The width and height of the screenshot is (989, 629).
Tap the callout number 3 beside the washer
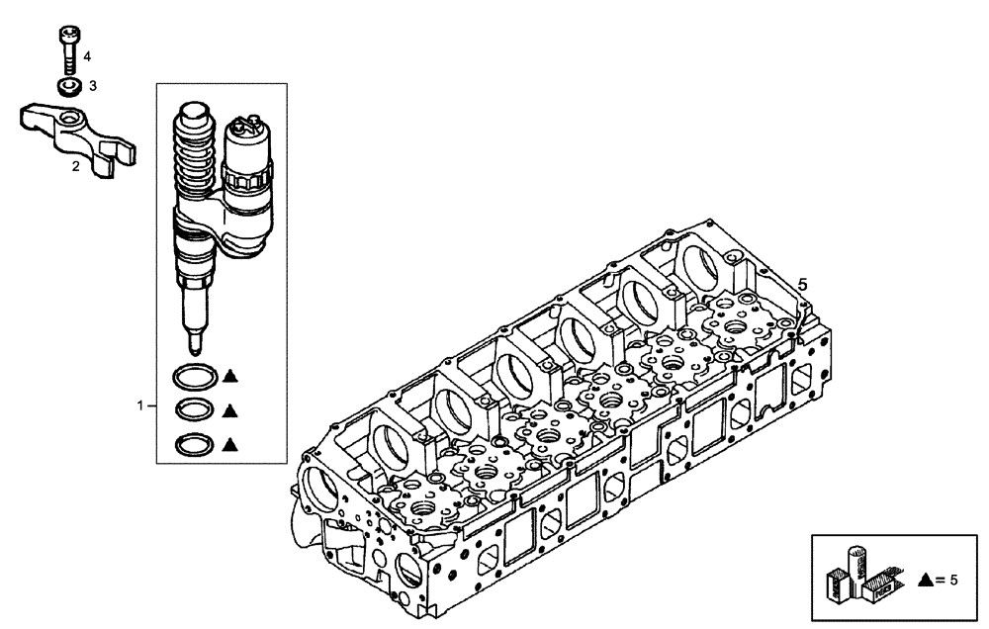click(92, 86)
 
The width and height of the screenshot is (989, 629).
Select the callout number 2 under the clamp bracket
click(75, 167)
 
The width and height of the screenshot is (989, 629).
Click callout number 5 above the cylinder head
click(803, 284)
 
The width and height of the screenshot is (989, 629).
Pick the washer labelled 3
click(67, 87)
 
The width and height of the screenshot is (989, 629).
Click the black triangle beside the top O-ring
click(229, 375)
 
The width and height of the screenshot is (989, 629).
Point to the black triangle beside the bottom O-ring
click(229, 443)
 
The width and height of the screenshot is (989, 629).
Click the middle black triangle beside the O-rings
click(229, 408)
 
